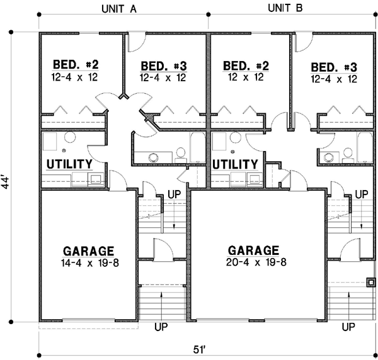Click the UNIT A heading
coord(122,9)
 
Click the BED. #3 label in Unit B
coord(334,67)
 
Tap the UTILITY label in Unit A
coord(70,164)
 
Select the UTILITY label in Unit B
coord(235,164)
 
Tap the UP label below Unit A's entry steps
coord(161,327)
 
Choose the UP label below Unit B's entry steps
coord(347,327)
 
